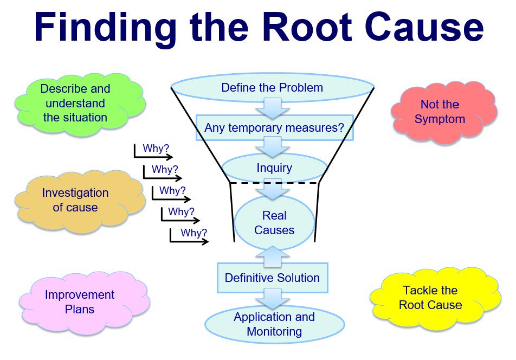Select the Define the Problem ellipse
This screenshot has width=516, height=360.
pyautogui.click(x=273, y=88)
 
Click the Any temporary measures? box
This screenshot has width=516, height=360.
pyautogui.click(x=274, y=128)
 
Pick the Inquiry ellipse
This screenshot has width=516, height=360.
pyautogui.click(x=274, y=168)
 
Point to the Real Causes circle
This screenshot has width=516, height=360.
pyautogui.click(x=274, y=223)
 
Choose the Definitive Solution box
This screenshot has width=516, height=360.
pyautogui.click(x=273, y=278)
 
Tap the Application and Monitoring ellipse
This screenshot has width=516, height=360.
pyautogui.click(x=274, y=324)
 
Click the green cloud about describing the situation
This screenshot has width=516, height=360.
pyautogui.click(x=75, y=102)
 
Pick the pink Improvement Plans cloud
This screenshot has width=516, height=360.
pyautogui.click(x=80, y=301)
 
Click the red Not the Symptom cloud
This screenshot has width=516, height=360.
pyautogui.click(x=440, y=112)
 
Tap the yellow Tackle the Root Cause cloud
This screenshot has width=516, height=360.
pyautogui.click(x=430, y=298)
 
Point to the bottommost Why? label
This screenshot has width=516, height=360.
pyautogui.click(x=194, y=233)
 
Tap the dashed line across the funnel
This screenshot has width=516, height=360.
pyautogui.click(x=274, y=183)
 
